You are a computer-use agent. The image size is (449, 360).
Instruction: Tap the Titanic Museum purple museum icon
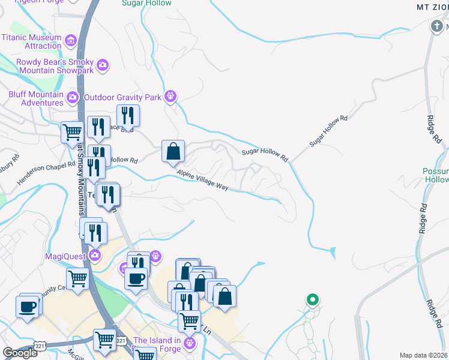coord(71,41)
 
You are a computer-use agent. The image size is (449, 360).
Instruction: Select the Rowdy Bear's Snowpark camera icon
coord(103,65)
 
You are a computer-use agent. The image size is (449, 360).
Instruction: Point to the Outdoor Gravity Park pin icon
coord(171,95)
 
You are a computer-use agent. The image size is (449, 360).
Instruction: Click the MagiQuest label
coord(66,256)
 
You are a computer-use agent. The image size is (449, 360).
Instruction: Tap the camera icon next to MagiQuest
coord(95,256)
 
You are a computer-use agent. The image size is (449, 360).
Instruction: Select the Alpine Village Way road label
coord(203,180)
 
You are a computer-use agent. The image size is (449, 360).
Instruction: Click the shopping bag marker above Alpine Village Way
coord(173,152)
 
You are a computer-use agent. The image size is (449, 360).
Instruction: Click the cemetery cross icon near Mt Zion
coord(436,26)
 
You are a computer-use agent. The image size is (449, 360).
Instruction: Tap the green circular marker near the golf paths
coord(312,299)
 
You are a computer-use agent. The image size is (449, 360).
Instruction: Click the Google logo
coord(20,353)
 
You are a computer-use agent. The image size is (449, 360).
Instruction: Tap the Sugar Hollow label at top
coord(146,3)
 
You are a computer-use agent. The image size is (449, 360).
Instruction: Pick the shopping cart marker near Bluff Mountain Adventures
coord(73,131)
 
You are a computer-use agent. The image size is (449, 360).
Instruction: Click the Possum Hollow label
coord(436,175)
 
